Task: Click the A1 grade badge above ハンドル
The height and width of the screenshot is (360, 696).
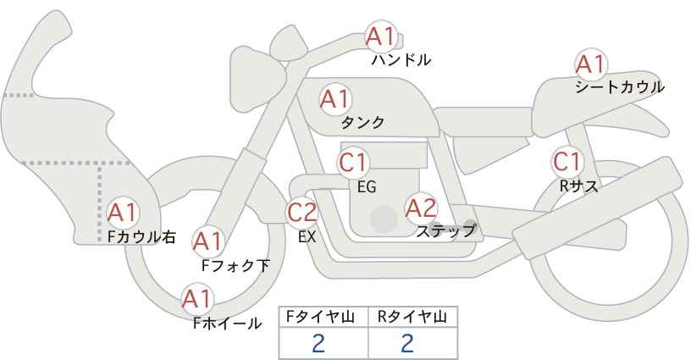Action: (x=380, y=36)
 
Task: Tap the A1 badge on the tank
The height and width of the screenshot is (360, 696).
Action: (x=335, y=99)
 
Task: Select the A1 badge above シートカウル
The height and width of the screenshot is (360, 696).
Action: (x=591, y=64)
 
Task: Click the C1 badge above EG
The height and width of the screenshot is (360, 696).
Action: (x=353, y=163)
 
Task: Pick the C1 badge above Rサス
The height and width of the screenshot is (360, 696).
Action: (x=566, y=162)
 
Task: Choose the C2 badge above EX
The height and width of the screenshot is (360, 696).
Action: (x=301, y=212)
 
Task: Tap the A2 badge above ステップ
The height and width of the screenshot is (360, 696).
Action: (x=421, y=208)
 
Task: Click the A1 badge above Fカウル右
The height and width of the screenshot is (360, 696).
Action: (x=122, y=213)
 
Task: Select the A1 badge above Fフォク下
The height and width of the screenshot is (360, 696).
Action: (x=207, y=241)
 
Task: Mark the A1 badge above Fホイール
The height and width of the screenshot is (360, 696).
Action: (x=197, y=299)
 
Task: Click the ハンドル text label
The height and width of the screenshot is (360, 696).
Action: (x=400, y=60)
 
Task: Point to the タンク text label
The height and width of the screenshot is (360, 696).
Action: (x=362, y=122)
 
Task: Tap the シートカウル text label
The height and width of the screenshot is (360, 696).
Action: (x=620, y=87)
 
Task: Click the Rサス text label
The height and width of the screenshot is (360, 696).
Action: (x=578, y=186)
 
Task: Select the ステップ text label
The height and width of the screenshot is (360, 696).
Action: (x=445, y=231)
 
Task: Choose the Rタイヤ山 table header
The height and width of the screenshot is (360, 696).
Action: (x=412, y=317)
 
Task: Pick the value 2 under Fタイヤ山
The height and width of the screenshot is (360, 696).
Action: (x=318, y=343)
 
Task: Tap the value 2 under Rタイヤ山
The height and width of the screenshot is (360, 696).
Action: (x=406, y=343)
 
